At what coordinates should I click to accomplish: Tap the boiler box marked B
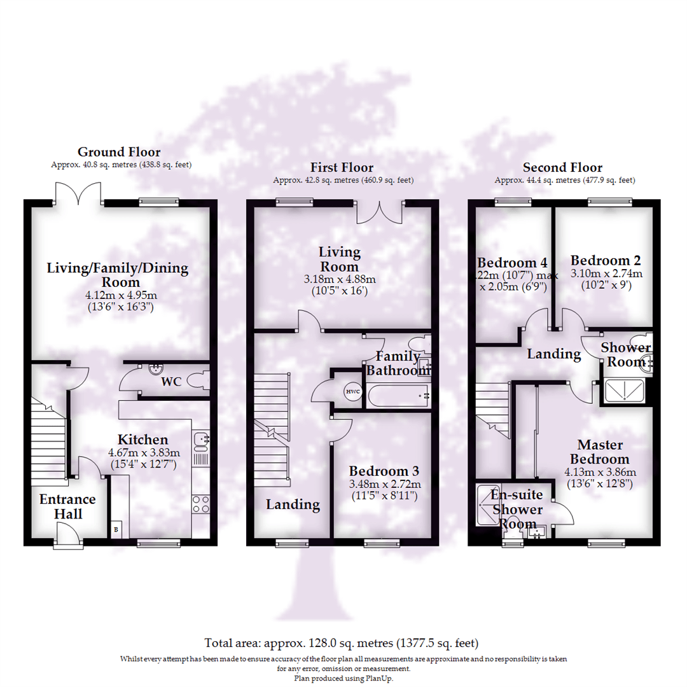point(116,529)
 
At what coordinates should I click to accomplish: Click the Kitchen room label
point(142,440)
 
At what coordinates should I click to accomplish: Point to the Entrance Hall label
point(67,506)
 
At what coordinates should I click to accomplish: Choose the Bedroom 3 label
point(384,471)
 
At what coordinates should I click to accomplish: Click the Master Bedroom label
point(600,452)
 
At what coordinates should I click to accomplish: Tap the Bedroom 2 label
point(605,260)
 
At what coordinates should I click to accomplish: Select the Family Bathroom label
point(399,363)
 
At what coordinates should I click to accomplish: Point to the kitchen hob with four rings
point(200,504)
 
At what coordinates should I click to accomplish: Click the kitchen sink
point(201,439)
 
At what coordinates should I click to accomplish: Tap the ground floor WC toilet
point(200,382)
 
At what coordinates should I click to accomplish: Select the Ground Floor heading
point(119,152)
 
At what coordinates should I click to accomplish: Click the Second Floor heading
point(562,167)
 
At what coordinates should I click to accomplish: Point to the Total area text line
point(342,642)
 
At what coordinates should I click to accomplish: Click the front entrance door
point(69,536)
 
